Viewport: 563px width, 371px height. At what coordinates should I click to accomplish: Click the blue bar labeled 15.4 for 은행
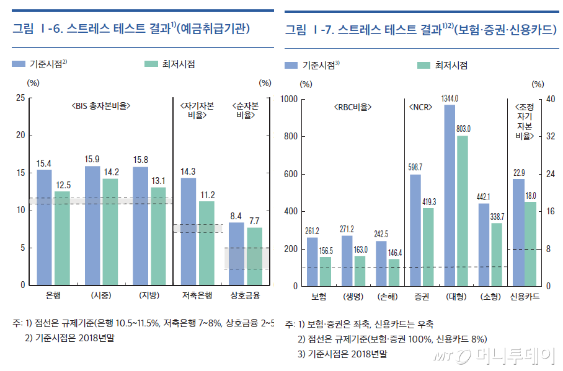click(44, 227)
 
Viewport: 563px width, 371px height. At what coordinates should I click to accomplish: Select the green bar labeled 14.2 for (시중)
click(110, 232)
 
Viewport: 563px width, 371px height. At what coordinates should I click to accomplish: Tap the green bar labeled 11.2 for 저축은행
click(206, 243)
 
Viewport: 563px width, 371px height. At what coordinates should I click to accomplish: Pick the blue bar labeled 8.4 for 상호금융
click(236, 253)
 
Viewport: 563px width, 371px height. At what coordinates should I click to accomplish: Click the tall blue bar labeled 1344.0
click(450, 195)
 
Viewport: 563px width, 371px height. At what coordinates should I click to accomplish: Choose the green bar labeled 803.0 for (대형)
click(462, 211)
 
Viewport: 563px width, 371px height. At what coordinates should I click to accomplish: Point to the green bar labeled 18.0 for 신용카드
click(531, 244)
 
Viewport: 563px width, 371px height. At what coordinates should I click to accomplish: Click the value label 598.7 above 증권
click(415, 167)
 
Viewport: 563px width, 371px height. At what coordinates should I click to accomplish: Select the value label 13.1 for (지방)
click(158, 181)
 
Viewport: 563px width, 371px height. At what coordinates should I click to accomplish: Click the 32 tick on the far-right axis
click(550, 137)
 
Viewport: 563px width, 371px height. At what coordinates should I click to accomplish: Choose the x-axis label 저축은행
click(198, 295)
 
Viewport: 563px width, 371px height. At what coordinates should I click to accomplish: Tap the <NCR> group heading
click(420, 107)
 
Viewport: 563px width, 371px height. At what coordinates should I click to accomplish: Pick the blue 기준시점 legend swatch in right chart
click(291, 65)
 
